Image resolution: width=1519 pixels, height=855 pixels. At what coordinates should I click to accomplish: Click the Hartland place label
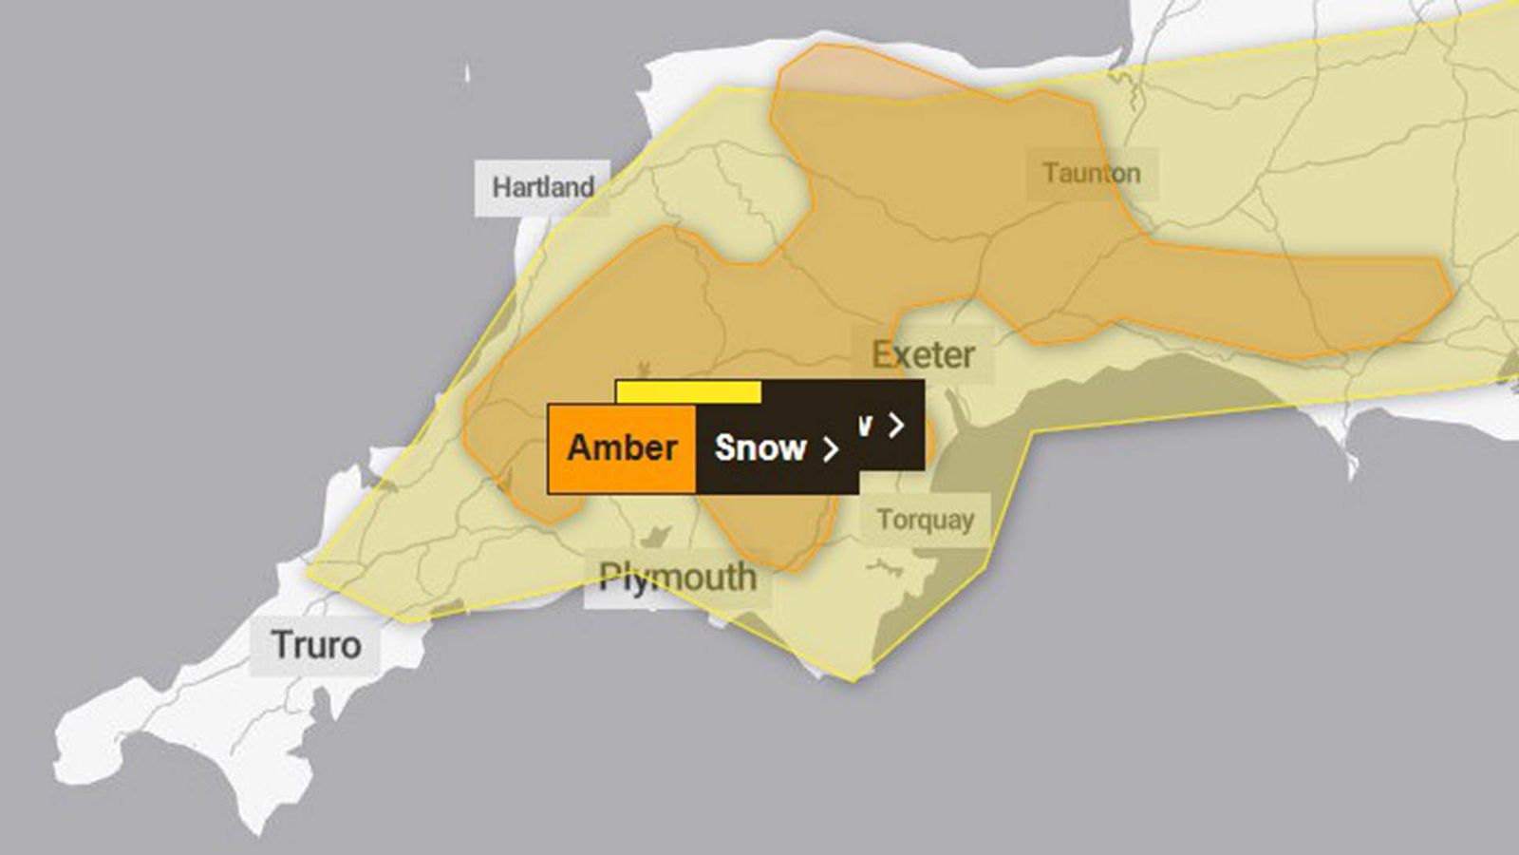click(x=542, y=187)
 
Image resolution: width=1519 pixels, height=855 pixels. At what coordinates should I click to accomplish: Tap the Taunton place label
click(x=1091, y=174)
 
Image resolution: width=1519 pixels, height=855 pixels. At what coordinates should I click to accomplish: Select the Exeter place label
click(x=923, y=355)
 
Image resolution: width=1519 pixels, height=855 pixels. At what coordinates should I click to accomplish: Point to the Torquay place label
click(x=925, y=520)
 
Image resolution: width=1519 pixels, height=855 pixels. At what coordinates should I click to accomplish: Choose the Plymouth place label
click(x=677, y=577)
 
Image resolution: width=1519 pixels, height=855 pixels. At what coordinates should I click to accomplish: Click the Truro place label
click(x=316, y=645)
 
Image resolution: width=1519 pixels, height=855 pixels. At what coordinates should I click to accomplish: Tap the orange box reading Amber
click(x=622, y=447)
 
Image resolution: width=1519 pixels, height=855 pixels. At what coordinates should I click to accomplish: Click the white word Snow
click(x=759, y=447)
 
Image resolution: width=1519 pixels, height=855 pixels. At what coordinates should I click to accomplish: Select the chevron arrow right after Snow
click(x=831, y=448)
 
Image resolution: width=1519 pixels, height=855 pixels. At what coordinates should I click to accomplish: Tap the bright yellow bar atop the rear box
click(x=688, y=391)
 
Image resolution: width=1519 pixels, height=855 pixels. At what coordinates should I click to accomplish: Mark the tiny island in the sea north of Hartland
click(x=467, y=74)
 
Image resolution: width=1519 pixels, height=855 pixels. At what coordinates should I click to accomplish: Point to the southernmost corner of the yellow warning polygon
click(x=852, y=680)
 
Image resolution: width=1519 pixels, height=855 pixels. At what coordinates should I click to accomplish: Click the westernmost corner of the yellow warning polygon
click(x=307, y=573)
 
